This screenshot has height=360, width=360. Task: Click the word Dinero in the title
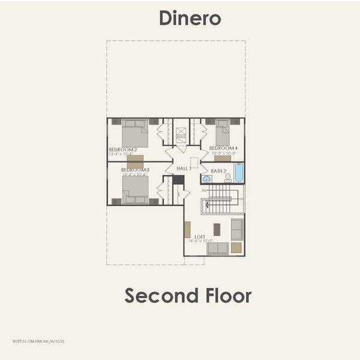190,18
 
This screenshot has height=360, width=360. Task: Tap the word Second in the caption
161,295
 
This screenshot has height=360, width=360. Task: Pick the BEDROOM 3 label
135,170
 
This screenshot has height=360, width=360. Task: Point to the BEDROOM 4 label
223,148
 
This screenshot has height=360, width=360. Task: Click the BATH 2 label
218,171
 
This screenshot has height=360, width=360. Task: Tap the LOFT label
200,236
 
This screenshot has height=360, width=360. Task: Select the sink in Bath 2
206,178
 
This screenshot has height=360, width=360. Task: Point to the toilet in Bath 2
228,178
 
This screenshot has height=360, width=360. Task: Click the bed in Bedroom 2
135,133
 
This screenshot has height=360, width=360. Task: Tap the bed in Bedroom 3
135,190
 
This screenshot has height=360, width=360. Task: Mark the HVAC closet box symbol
181,136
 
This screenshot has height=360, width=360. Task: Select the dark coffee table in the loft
217,229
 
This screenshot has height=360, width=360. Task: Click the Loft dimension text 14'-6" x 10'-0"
200,241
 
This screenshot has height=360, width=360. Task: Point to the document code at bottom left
38,340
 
